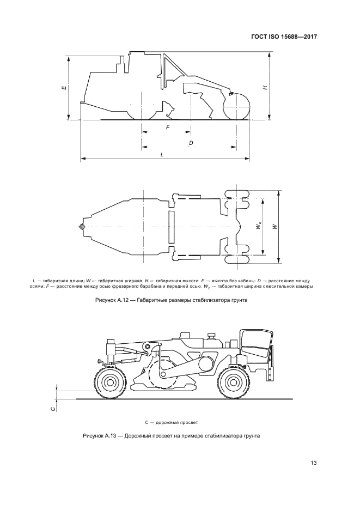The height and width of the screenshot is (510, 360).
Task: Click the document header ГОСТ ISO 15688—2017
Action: [284, 37]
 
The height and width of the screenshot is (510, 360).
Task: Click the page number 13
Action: [314, 463]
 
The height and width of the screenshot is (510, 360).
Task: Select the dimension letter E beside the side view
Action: [64, 88]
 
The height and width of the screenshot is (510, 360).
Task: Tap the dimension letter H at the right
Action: [266, 88]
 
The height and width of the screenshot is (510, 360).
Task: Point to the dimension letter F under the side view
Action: [168, 127]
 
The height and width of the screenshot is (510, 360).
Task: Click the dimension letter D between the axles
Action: [191, 143]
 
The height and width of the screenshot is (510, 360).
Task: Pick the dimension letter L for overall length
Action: [162, 155]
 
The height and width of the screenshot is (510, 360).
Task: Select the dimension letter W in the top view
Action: [275, 227]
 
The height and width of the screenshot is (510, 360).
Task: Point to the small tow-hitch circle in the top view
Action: [82, 226]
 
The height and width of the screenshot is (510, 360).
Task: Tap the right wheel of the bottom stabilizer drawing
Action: [232, 381]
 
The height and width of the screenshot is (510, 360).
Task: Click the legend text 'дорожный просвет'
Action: [177, 422]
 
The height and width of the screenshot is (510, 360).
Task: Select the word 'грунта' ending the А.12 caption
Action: [240, 300]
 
